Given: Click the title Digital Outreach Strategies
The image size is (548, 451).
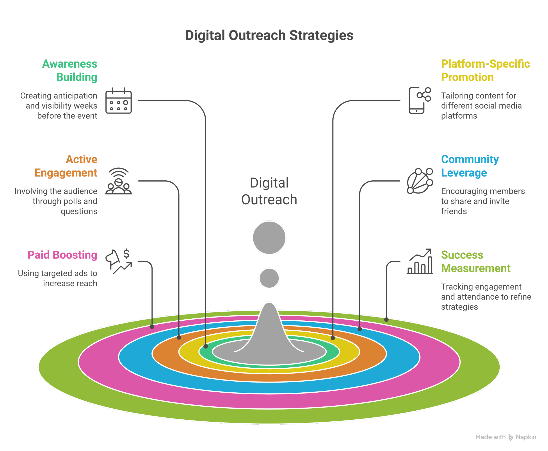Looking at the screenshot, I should [269, 35].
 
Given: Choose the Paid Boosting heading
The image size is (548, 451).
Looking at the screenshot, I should [62, 255].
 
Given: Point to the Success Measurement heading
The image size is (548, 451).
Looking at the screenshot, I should [475, 261].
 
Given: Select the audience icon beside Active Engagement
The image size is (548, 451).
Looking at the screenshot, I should [119, 181].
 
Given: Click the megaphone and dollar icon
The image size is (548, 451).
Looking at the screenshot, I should [119, 261].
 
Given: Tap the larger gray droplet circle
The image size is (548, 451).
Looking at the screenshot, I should [269, 237].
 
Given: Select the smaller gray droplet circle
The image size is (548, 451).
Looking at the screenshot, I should [269, 278].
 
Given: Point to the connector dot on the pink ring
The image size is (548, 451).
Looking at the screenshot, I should [152, 327].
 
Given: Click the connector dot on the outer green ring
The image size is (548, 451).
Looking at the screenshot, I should [386, 320].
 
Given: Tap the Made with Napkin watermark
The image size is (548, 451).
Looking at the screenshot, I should [505, 437].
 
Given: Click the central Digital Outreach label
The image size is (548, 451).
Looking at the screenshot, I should [269, 191].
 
